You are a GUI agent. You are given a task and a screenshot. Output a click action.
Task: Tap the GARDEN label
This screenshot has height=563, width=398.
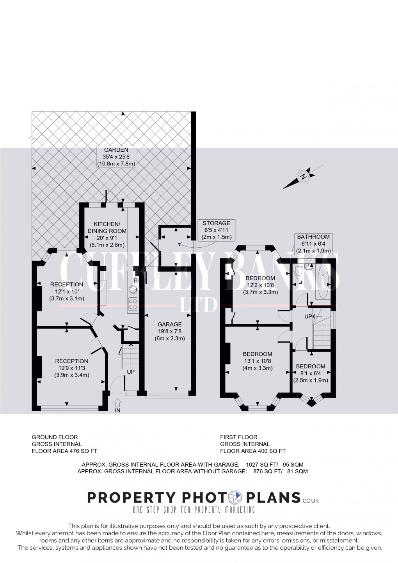tap(116, 150)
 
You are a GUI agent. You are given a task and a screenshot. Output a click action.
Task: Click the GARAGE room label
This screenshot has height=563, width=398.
tap(169, 324)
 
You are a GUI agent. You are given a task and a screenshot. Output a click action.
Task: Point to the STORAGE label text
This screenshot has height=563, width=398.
tap(216, 223)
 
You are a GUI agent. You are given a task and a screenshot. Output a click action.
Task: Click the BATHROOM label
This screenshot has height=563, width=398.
tap(313, 237)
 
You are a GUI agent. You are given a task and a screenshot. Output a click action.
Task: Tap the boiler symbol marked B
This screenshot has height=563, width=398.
tap(136, 281)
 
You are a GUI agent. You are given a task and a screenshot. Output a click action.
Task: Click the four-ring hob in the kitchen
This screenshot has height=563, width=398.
tap(133, 304)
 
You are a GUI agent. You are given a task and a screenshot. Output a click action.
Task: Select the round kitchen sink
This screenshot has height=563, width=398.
tap(133, 289)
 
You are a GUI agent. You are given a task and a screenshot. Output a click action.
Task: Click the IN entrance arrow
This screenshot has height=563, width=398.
tap(117, 404)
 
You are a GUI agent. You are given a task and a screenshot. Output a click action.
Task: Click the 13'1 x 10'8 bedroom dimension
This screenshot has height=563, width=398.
tap(258, 361)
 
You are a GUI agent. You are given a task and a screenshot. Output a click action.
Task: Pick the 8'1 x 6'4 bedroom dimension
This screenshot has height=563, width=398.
tap(310, 373)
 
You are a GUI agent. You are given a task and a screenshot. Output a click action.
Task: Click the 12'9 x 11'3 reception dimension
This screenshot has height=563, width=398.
tap(71, 368)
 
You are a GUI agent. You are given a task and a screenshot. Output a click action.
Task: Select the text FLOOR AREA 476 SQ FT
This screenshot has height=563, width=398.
tap(64, 451)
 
